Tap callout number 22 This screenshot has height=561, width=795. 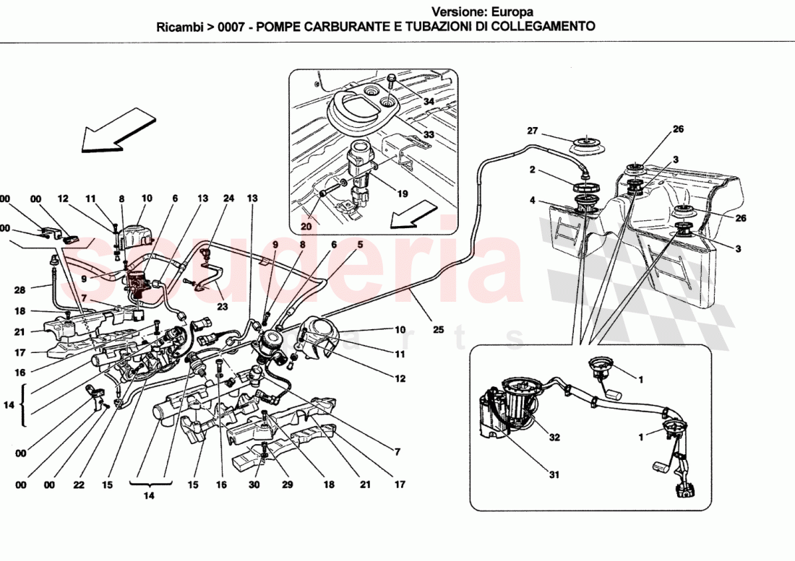point(77,485)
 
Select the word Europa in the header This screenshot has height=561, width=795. point(512,12)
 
